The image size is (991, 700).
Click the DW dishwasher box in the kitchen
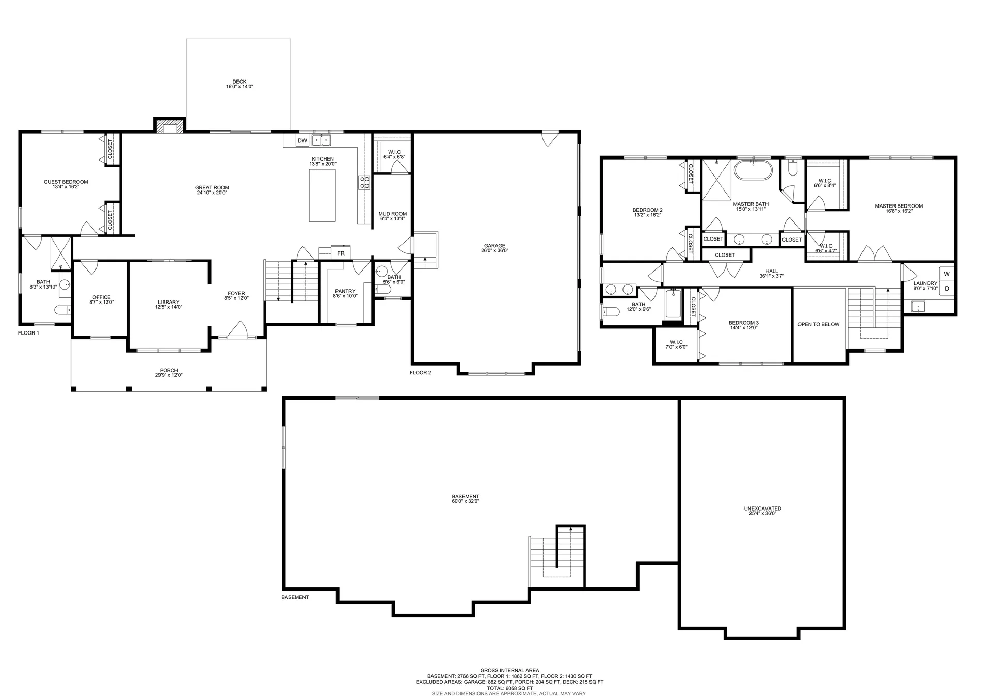302,140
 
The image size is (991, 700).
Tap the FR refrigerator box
341,253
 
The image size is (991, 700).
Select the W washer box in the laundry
947,274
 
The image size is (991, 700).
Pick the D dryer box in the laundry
947,289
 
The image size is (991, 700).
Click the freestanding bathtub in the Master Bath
754,170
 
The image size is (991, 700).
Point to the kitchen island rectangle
322,195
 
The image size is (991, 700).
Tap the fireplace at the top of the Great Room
169,126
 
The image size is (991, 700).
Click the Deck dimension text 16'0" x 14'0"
239,87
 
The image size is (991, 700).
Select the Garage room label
494,246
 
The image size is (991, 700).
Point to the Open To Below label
819,324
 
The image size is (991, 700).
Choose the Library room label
169,302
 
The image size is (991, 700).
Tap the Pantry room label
345,291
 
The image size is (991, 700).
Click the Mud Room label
393,214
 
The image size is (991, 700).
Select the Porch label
169,370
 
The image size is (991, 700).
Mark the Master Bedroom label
899,206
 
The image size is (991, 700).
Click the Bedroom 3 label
744,323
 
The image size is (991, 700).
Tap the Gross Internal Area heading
509,671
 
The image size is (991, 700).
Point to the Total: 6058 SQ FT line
509,688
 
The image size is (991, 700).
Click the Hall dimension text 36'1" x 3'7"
772,276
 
